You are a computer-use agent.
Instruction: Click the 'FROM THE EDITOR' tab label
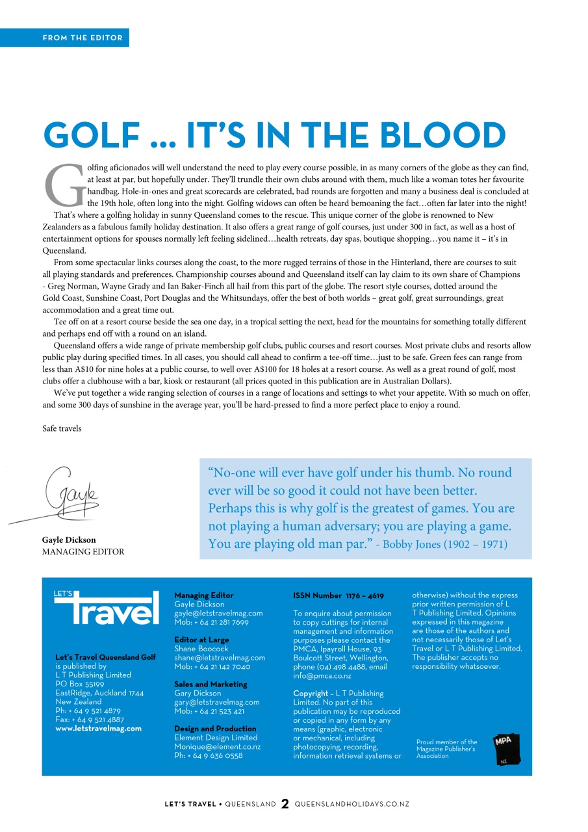(83, 38)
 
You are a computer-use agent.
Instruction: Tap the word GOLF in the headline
(92, 135)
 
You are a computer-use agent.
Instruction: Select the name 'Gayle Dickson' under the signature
(69, 540)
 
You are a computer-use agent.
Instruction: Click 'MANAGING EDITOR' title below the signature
(83, 552)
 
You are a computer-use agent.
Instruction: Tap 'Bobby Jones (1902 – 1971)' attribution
(445, 545)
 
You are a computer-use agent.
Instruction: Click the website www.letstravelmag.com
(99, 729)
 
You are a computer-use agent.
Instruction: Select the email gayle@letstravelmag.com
(218, 613)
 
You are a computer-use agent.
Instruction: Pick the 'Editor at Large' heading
(201, 640)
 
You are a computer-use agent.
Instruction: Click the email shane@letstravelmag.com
(220, 658)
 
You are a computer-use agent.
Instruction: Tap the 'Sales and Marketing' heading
(211, 684)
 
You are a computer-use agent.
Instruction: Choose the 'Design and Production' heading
(215, 729)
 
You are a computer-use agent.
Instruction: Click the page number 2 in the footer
(285, 805)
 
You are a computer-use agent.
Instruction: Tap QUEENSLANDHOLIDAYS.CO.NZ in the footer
(352, 805)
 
